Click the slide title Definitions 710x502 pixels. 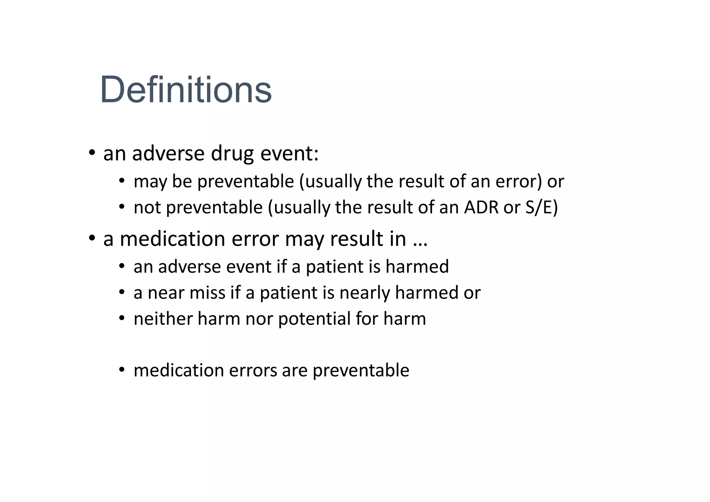tap(186, 90)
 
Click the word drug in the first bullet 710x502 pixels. tap(232, 153)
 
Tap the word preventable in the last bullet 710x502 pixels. tap(361, 371)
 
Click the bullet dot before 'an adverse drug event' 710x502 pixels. tap(92, 153)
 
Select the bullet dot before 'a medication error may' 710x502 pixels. tap(92, 239)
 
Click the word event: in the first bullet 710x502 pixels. tap(289, 153)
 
